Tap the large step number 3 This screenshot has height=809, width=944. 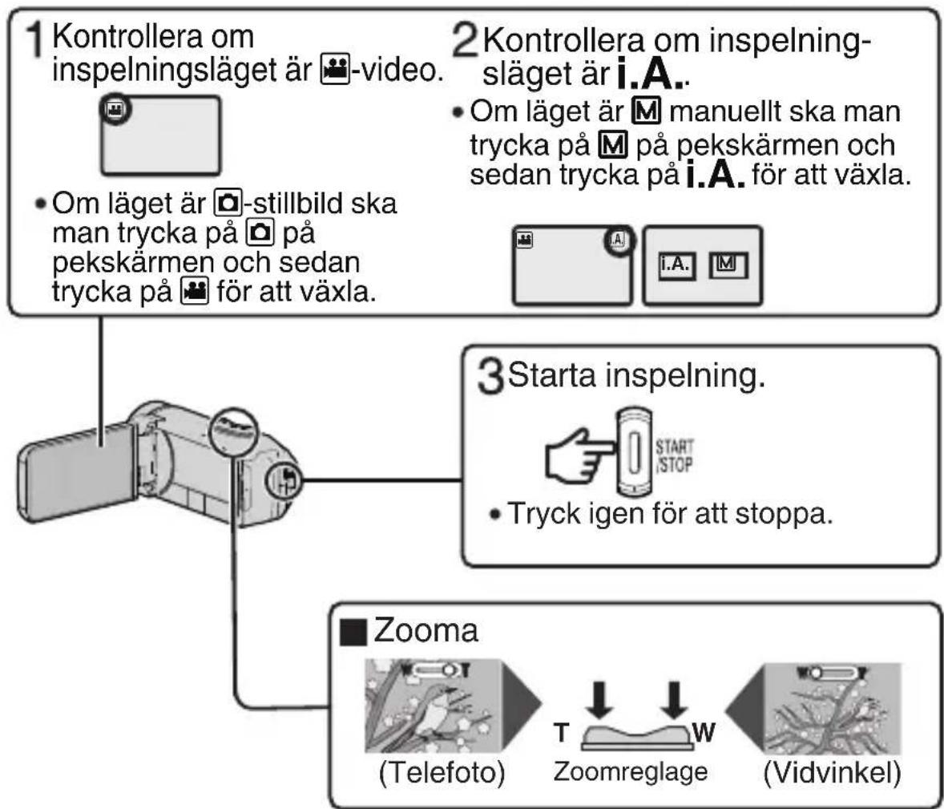coord(490,376)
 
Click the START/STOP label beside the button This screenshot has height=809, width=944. coord(674,455)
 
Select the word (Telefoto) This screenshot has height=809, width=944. coord(442,772)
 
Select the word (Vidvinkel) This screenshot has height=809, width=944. coord(833,772)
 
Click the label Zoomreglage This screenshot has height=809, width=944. coord(631,771)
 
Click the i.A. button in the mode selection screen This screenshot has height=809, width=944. coord(676,265)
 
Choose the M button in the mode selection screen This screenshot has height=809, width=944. coord(728,265)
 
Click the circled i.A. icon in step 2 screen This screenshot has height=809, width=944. coord(619,242)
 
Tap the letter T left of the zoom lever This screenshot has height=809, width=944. coord(561,732)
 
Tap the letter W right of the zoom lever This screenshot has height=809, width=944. coord(704,732)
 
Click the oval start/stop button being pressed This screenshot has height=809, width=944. coord(633,451)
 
